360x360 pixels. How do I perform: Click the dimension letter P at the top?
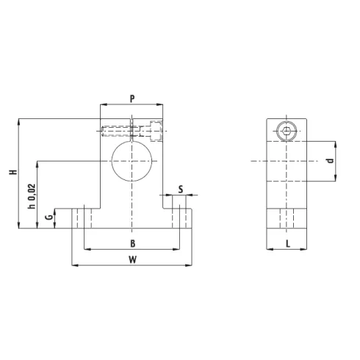tap(132, 98)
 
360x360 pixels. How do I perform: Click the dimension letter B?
tap(132, 242)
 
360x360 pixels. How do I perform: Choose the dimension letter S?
tap(181, 190)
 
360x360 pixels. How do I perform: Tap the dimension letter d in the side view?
tap(331, 159)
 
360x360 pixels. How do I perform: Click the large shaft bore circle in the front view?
tap(132, 159)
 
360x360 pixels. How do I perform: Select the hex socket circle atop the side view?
tap(286, 132)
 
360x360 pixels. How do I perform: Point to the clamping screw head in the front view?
tap(155, 132)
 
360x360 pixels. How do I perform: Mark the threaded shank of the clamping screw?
tap(118, 132)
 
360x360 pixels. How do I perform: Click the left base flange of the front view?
tap(79, 219)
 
